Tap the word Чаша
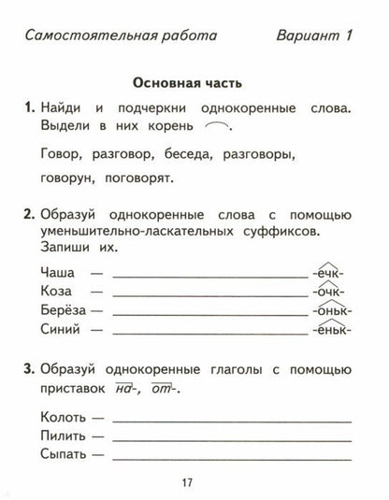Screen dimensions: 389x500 (x=59, y=273)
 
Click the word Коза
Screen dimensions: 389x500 (x=58, y=292)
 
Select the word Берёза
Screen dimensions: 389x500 (x=64, y=310)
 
